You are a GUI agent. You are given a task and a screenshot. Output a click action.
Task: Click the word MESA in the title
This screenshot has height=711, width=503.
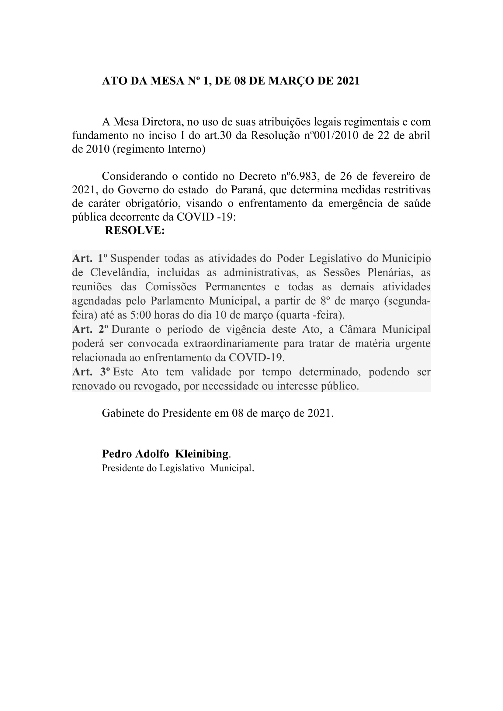(x=167, y=81)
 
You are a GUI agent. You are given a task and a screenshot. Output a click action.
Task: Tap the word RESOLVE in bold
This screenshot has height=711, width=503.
(x=134, y=230)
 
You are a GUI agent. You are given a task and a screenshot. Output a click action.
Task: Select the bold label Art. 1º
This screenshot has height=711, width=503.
(x=90, y=258)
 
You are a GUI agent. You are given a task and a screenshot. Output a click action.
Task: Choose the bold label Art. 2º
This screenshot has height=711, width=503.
(x=90, y=329)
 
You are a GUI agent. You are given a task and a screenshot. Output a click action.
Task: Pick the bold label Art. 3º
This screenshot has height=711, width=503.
(x=91, y=372)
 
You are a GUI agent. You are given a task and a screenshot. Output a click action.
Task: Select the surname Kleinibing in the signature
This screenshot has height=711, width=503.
(x=202, y=454)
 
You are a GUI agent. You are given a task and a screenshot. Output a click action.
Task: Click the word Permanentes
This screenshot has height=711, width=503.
(x=235, y=287)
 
